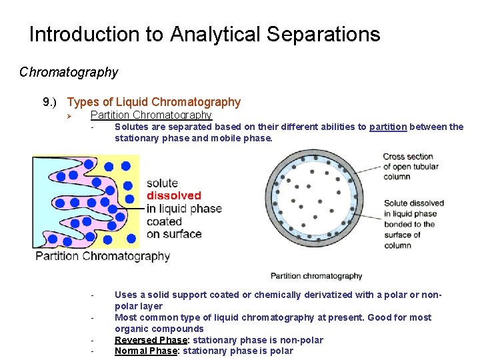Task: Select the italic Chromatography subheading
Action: click(69, 72)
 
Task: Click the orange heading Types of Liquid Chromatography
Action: click(154, 102)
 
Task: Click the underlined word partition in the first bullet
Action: click(388, 127)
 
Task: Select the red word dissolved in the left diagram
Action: click(173, 195)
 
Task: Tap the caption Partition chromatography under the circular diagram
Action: click(316, 275)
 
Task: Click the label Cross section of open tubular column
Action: click(407, 167)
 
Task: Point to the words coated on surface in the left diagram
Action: click(173, 227)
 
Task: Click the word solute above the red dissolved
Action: click(162, 183)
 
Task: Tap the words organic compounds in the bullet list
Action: click(159, 329)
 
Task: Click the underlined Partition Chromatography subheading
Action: click(151, 115)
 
